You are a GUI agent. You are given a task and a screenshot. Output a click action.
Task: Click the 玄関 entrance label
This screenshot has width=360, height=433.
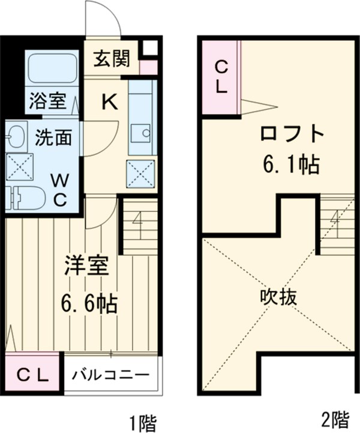pyautogui.click(x=111, y=61)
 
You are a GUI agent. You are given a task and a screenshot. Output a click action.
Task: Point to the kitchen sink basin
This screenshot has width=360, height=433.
pyautogui.click(x=142, y=135)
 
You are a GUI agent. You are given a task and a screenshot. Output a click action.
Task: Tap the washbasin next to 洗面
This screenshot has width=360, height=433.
pyautogui.click(x=16, y=136)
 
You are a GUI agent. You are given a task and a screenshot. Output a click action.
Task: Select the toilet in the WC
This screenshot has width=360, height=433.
pyautogui.click(x=28, y=196)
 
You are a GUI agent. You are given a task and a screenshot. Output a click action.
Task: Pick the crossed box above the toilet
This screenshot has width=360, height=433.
pyautogui.click(x=19, y=166)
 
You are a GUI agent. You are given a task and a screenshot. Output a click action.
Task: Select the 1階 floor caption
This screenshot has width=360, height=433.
pyautogui.click(x=142, y=421)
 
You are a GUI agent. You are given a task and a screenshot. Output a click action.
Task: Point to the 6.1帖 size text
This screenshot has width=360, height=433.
pyautogui.click(x=290, y=164)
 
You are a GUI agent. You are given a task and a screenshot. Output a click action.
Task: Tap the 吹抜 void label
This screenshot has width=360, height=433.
pyautogui.click(x=278, y=297)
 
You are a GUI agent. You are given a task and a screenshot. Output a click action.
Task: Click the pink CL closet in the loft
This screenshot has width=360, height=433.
pyautogui.click(x=220, y=77)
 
